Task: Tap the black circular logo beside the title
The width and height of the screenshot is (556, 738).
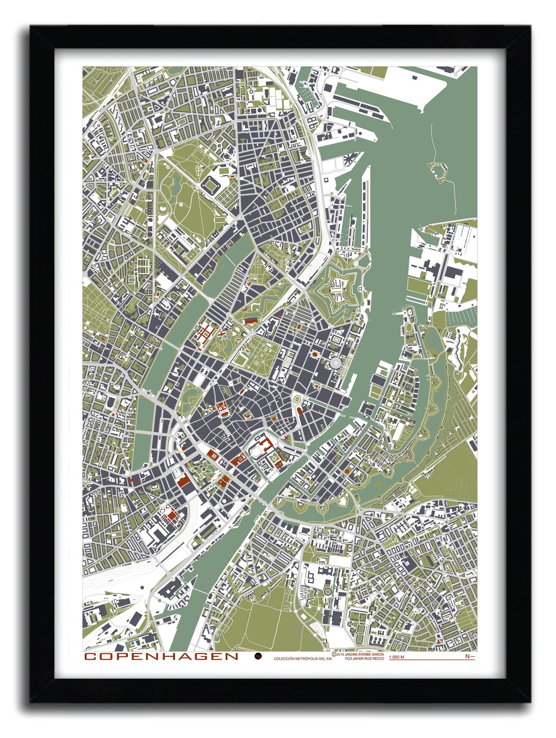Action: (258, 656)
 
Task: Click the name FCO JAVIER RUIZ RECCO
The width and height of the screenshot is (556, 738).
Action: (363, 659)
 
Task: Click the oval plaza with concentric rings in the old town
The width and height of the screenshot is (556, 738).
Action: (296, 399)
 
